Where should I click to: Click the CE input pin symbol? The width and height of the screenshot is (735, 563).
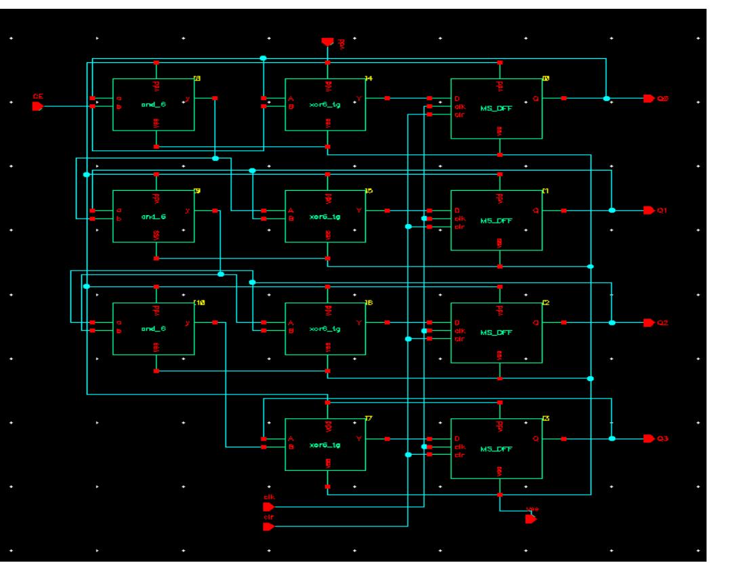[37, 106]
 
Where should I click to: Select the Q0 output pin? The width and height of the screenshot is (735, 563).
[648, 99]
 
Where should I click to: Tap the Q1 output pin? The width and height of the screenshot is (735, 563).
[648, 210]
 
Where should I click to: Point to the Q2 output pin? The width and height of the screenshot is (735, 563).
[648, 323]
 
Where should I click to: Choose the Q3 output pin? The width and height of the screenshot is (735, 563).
[648, 438]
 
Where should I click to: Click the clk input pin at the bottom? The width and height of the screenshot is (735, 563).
[268, 506]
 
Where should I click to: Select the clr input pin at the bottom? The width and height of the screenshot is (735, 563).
[268, 526]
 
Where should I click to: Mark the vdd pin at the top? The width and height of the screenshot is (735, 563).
[327, 42]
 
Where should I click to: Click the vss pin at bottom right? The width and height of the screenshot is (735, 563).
[530, 518]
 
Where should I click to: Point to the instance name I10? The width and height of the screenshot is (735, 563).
[198, 302]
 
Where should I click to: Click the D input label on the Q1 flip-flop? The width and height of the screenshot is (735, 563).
[457, 210]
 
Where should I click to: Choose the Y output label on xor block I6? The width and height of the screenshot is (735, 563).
[359, 323]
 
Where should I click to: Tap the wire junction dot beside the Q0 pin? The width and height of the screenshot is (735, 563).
[606, 99]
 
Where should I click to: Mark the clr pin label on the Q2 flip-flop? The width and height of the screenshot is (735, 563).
[459, 339]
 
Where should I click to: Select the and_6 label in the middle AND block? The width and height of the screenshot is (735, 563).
[152, 218]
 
